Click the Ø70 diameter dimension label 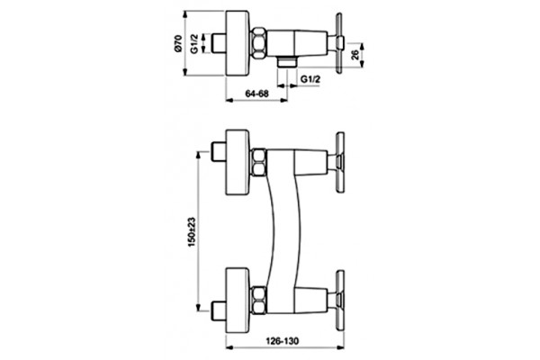[x=177, y=43]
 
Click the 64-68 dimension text [x=256, y=94]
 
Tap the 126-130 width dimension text [x=283, y=341]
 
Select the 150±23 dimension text [x=192, y=231]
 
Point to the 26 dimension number [x=355, y=55]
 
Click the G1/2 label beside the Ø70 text [x=195, y=43]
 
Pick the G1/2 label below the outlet [x=310, y=79]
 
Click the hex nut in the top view [x=258, y=43]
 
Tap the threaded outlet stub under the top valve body [x=286, y=61]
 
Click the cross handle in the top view [x=339, y=43]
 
